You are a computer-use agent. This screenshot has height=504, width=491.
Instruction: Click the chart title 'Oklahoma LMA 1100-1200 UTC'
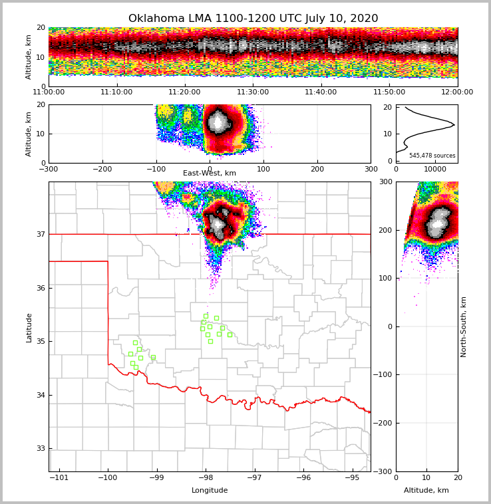pyautogui.click(x=253, y=19)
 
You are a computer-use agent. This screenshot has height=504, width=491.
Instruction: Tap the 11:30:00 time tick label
pyautogui.click(x=253, y=92)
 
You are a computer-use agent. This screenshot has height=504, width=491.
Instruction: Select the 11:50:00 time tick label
pyautogui.click(x=389, y=92)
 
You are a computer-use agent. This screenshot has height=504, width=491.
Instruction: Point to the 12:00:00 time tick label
pyautogui.click(x=457, y=92)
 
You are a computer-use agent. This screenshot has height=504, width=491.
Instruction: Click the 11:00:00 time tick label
pyautogui.click(x=49, y=92)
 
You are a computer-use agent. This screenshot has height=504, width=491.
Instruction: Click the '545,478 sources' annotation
pyautogui.click(x=432, y=156)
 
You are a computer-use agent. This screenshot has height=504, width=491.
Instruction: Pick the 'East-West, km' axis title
pyautogui.click(x=210, y=174)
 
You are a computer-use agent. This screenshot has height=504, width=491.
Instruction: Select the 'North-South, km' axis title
pyautogui.click(x=464, y=326)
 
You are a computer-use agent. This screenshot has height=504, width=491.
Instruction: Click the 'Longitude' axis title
pyautogui.click(x=210, y=491)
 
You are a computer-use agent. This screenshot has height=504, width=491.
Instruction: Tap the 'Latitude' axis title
pyautogui.click(x=29, y=327)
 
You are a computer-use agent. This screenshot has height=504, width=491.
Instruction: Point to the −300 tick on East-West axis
pyautogui.click(x=49, y=169)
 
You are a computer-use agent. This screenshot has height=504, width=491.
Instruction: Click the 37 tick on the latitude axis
pyautogui.click(x=40, y=234)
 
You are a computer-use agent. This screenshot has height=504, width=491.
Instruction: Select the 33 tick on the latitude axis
pyautogui.click(x=40, y=449)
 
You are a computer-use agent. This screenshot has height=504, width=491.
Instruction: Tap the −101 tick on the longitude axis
pyautogui.click(x=59, y=477)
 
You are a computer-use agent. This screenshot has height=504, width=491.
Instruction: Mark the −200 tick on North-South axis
pyautogui.click(x=383, y=423)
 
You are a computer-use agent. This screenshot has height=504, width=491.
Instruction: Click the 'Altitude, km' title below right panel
pyautogui.click(x=426, y=491)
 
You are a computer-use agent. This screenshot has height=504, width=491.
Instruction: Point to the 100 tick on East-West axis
pyautogui.click(x=263, y=169)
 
